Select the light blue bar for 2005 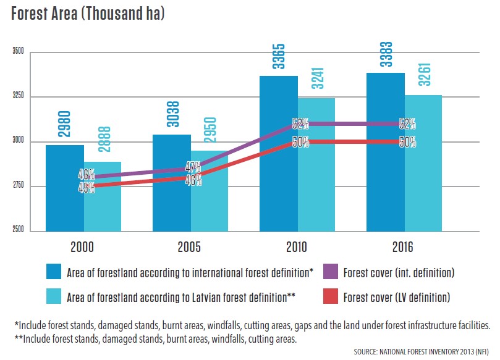[210, 191]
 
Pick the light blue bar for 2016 [423, 163]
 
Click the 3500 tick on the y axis [18, 52]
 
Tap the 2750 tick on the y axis [18, 186]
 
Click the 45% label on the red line [86, 188]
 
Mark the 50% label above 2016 [407, 143]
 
